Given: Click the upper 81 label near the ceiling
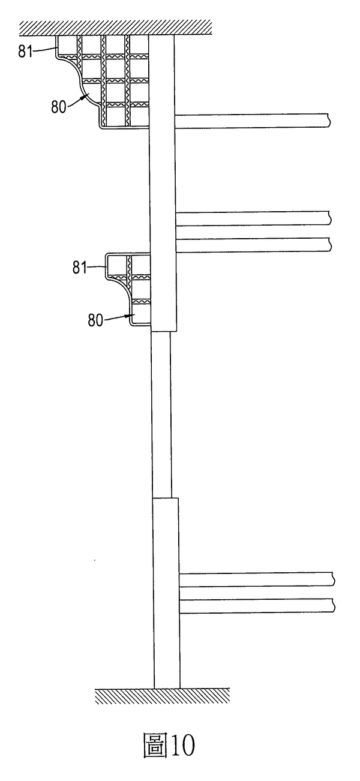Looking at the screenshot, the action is [25, 52].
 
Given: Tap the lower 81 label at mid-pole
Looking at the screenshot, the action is [80, 268].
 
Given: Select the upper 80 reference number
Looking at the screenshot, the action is [58, 107].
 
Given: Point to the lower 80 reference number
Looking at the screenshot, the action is [95, 320].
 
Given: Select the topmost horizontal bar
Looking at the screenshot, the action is [252, 121].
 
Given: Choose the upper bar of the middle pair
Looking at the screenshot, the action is [253, 218].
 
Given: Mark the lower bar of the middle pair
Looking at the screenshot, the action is [253, 245].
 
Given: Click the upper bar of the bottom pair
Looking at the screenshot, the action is [257, 579].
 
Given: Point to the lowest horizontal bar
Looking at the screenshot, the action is [257, 606].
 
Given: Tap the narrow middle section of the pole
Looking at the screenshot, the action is [161, 414].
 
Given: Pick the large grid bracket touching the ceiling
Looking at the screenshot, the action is [103, 81].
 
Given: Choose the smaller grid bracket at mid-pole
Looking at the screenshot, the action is [128, 289].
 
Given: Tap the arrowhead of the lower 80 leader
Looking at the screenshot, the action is [125, 316].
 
